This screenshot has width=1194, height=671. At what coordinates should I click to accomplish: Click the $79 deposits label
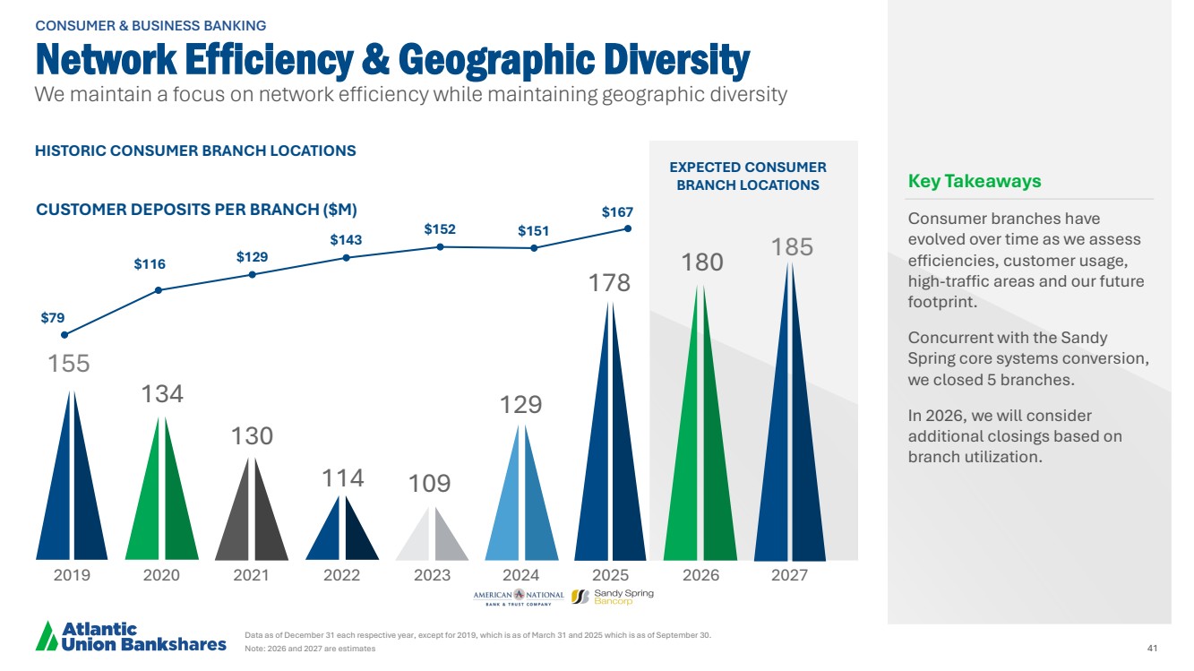click(x=52, y=318)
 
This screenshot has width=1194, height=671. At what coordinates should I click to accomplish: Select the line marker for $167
click(x=628, y=228)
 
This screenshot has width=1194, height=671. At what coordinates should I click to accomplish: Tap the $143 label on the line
click(x=346, y=240)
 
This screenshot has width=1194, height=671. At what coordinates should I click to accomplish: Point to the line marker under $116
click(x=159, y=289)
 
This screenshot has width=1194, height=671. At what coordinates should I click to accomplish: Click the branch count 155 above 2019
click(x=69, y=364)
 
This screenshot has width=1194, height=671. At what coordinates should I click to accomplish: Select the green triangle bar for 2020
click(x=161, y=502)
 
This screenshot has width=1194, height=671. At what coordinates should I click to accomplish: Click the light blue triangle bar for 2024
click(x=520, y=502)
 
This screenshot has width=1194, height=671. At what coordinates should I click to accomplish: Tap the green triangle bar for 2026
click(x=700, y=448)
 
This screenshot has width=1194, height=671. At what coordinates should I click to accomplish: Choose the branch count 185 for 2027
click(x=792, y=246)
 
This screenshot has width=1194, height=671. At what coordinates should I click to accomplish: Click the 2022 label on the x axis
click(x=341, y=575)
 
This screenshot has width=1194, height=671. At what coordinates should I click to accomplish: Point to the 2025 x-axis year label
click(x=611, y=575)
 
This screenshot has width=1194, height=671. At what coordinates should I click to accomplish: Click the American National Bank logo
click(x=519, y=597)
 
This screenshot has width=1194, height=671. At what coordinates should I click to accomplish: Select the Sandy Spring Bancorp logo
click(x=613, y=597)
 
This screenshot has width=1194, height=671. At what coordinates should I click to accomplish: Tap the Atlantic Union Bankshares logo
click(x=130, y=636)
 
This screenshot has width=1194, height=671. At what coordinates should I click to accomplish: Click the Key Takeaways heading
click(x=975, y=181)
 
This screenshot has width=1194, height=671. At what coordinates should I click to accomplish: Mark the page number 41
click(x=1152, y=648)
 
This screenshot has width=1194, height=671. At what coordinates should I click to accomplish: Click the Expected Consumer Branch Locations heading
click(x=747, y=176)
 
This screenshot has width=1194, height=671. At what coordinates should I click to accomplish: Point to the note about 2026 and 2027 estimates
click(x=310, y=649)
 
